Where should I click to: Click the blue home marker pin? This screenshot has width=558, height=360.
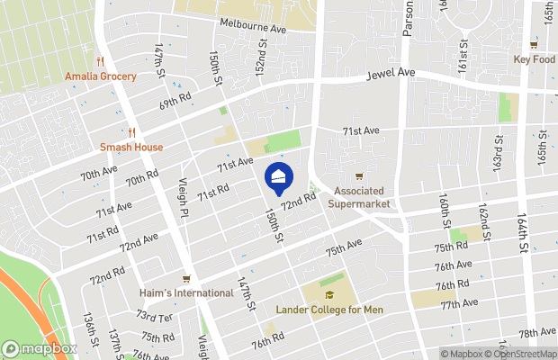(278, 178)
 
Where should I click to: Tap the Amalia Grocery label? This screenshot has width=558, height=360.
(101, 76)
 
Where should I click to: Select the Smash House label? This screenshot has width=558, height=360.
(130, 147)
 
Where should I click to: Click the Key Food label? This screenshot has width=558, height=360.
(535, 59)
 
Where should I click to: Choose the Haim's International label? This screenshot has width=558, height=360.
(186, 292)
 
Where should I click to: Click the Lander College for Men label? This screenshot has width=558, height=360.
(329, 310)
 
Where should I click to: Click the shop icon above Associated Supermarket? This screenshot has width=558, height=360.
(360, 176)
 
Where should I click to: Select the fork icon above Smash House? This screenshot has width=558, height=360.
(131, 132)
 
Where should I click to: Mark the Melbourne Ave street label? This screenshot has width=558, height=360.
(254, 29)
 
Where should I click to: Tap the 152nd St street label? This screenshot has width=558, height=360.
(262, 57)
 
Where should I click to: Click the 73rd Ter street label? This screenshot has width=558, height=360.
(154, 318)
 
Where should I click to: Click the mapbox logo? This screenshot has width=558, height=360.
(40, 348)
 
